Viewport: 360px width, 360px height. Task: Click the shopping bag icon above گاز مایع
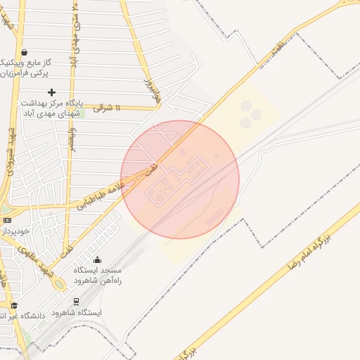click(25, 51)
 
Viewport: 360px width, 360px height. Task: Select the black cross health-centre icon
click(51, 92)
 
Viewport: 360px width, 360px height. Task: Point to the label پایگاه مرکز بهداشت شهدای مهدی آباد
click(51, 108)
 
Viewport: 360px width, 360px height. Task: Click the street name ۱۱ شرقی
click(108, 108)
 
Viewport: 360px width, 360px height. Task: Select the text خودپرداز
click(14, 231)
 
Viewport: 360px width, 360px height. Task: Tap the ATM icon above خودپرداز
click(7, 220)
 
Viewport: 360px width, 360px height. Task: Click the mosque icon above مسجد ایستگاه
click(97, 260)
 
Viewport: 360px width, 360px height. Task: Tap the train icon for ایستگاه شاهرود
click(75, 301)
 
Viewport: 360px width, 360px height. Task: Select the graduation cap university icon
click(14, 305)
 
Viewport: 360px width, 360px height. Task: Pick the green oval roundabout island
click(59, 283)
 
